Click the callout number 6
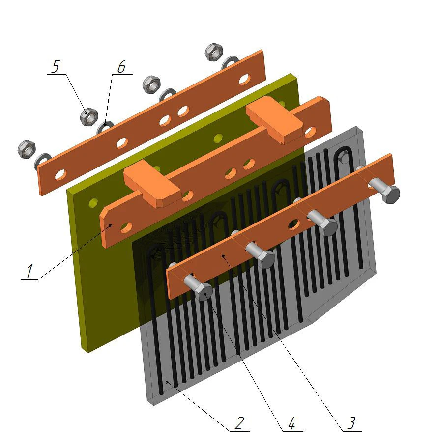121,67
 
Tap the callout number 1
29,271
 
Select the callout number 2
239,423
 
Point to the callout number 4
291,423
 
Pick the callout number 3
351,423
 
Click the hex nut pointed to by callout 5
89,116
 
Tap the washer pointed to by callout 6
105,127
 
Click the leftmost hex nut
27,149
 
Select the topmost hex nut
214,52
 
